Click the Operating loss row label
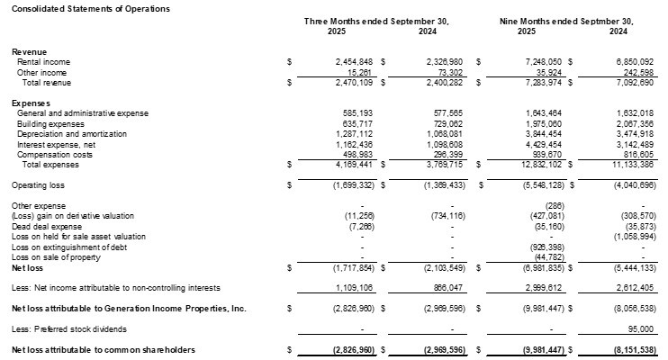point(36,185)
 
